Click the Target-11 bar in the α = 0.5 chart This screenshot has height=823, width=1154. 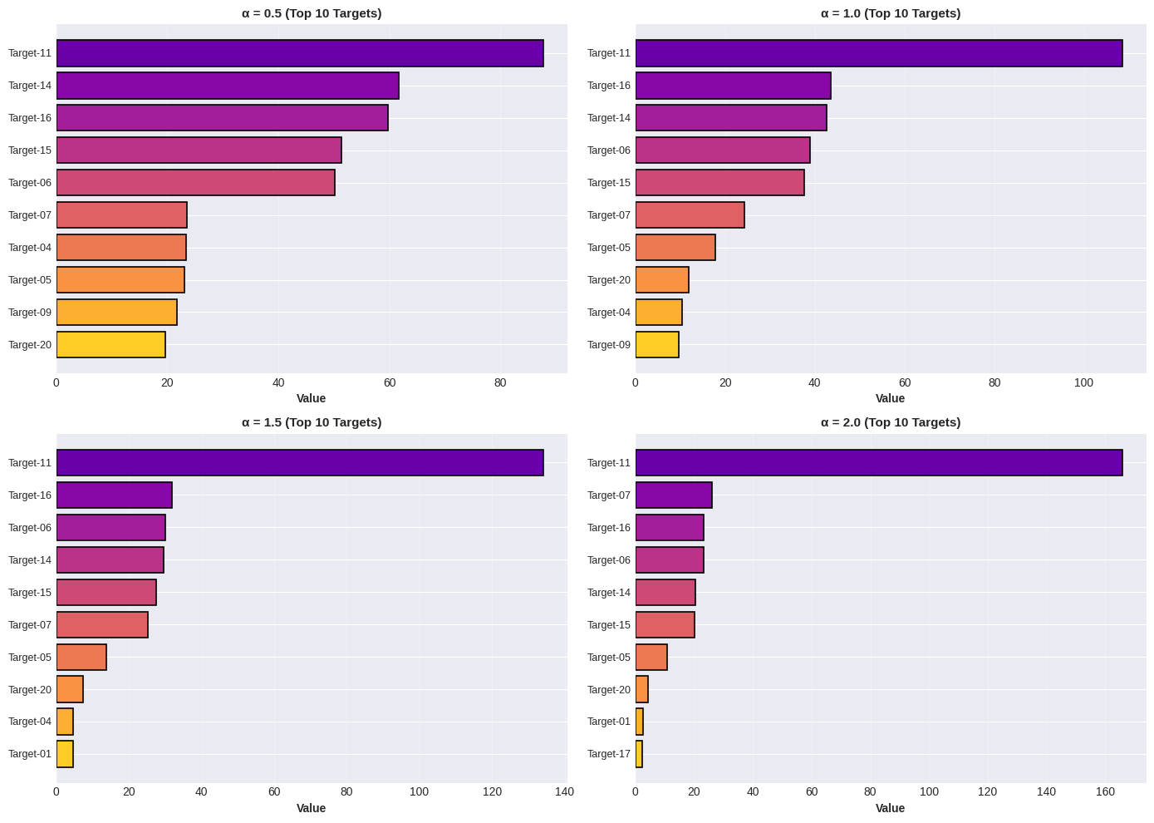click(x=299, y=53)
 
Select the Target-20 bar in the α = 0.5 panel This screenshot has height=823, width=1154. click(x=110, y=345)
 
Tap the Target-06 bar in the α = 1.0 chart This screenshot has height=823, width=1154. click(x=722, y=150)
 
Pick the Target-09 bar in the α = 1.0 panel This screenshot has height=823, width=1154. click(x=657, y=345)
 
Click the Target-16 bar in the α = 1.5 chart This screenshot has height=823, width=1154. click(x=114, y=495)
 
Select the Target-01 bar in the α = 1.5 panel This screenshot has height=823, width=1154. click(x=65, y=754)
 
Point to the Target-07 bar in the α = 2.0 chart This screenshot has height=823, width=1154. click(x=673, y=495)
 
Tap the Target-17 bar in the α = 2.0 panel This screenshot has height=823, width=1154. click(x=639, y=754)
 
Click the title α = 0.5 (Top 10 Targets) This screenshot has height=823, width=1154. click(x=312, y=13)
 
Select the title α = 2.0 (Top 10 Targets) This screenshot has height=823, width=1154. click(x=890, y=422)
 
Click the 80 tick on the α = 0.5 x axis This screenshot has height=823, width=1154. click(x=500, y=383)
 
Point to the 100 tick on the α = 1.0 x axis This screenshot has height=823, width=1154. click(x=1083, y=383)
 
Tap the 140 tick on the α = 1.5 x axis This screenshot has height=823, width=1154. click(x=565, y=792)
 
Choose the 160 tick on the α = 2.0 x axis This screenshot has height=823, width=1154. click(x=1105, y=792)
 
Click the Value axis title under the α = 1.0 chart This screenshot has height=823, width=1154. click(x=890, y=399)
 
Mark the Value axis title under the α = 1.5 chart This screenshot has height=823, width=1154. click(x=312, y=808)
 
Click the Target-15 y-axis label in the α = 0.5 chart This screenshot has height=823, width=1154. click(x=30, y=150)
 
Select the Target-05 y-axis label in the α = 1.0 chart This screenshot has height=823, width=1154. click(x=609, y=248)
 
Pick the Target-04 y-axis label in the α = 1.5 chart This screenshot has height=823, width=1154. click(x=30, y=722)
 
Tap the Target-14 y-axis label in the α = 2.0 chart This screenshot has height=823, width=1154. click(x=609, y=593)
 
